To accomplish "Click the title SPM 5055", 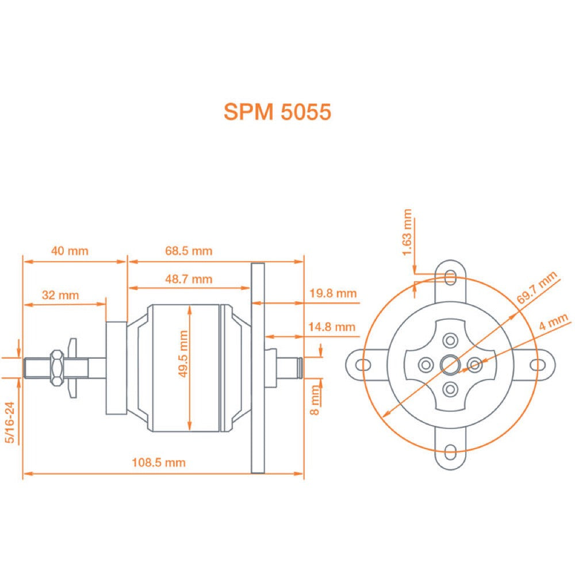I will pyautogui.click(x=277, y=112).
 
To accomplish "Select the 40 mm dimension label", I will pyautogui.click(x=70, y=251).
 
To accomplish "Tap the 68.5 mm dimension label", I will pyautogui.click(x=189, y=251).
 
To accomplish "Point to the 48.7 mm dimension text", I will pyautogui.click(x=189, y=279).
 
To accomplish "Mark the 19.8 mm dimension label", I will pyautogui.click(x=333, y=293).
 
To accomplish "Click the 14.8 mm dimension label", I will pyautogui.click(x=333, y=327).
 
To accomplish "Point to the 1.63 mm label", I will pyautogui.click(x=407, y=233).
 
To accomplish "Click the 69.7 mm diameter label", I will pyautogui.click(x=538, y=289).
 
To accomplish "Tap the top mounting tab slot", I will pyautogui.click(x=450, y=278).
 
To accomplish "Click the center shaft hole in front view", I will pyautogui.click(x=450, y=364).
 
